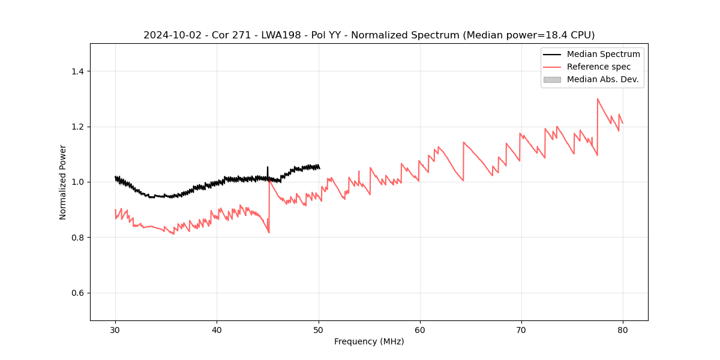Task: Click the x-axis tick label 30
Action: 115,329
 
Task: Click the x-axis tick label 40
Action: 217,329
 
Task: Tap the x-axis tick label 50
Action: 318,329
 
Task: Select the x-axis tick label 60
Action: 420,329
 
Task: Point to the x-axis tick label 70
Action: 521,329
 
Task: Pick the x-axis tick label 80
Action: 623,329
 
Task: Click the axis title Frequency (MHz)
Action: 369,341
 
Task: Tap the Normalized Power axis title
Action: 63,182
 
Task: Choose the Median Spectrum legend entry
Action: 603,54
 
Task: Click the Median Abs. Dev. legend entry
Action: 602,79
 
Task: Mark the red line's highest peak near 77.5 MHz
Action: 598,99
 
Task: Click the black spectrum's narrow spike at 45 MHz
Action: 268,167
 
